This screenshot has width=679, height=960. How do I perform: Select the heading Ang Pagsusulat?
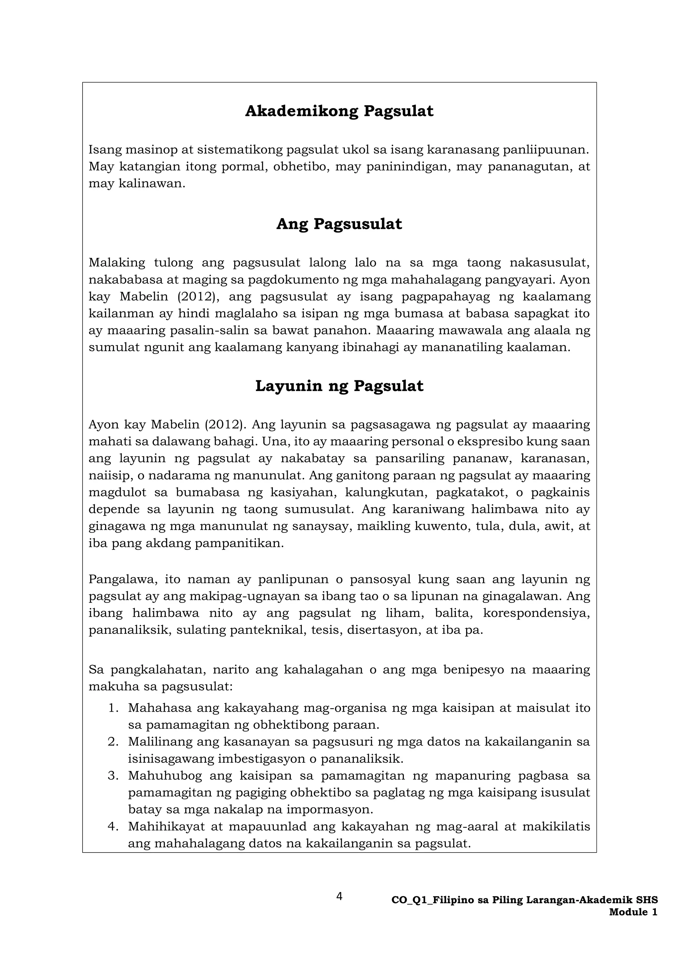[x=339, y=224]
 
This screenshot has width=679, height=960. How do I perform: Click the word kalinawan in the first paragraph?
[x=151, y=184]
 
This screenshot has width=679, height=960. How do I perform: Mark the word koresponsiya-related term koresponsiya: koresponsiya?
[x=536, y=613]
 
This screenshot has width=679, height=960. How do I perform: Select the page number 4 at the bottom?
[x=339, y=896]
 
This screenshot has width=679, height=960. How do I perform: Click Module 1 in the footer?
[x=633, y=912]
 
